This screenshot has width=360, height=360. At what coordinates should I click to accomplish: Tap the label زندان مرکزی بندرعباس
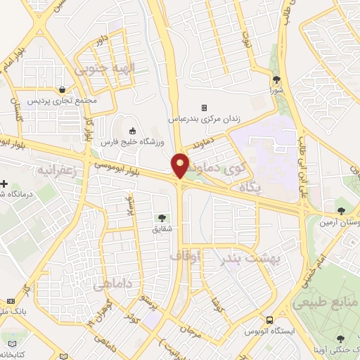click(203, 120)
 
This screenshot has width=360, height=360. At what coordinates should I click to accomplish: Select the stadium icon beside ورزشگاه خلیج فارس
click(132, 130)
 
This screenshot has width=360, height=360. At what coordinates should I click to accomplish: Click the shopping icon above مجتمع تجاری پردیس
click(64, 90)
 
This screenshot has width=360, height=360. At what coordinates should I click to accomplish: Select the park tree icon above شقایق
click(163, 218)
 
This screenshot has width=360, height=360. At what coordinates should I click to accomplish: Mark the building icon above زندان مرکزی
click(204, 108)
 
